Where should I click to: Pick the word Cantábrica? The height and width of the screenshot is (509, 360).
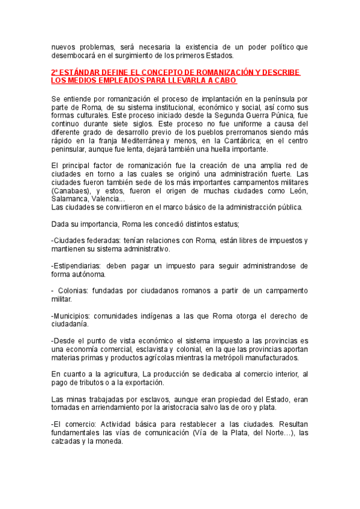(239, 140)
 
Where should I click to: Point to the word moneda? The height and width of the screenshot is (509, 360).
(108, 441)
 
